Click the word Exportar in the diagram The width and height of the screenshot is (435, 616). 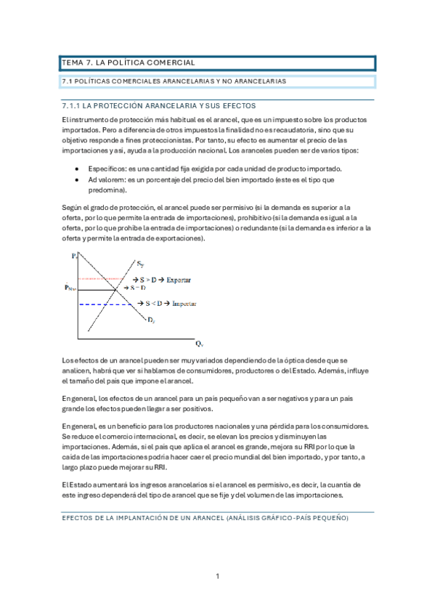coord(179,279)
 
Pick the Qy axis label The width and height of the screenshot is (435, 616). coord(198,342)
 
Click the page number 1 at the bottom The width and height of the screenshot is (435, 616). coord(217,577)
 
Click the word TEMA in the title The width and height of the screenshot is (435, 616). coord(74,62)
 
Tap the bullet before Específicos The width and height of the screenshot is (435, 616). coord(77,169)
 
